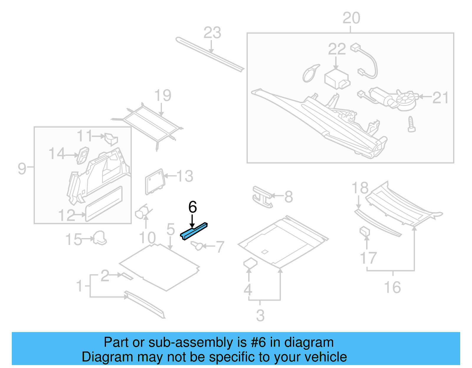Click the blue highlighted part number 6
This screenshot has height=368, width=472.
[x=194, y=231]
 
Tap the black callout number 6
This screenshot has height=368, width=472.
[x=192, y=207]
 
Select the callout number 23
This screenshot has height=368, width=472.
[x=212, y=33]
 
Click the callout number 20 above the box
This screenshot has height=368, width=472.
[x=351, y=18]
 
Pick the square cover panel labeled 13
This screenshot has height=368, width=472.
[x=154, y=181]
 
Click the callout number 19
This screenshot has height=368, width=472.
[x=163, y=95]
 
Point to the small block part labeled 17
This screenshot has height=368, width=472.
[x=365, y=232]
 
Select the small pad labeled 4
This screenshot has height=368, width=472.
[x=250, y=263]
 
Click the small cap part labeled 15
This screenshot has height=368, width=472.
[x=100, y=238]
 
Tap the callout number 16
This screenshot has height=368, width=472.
[x=392, y=287]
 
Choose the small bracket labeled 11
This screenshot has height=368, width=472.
[x=111, y=139]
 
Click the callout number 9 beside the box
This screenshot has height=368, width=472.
[x=22, y=169]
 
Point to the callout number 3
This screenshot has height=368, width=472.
[x=260, y=316]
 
